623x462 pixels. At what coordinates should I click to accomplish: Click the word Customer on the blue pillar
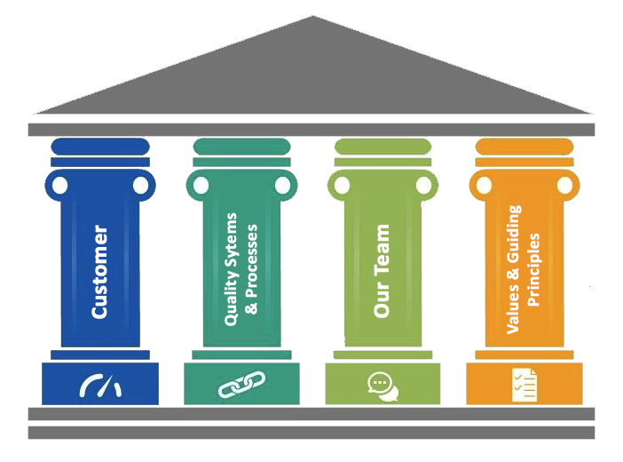point(99,272)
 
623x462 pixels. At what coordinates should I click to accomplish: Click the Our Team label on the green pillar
point(382,271)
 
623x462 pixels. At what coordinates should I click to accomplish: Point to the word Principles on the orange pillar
point(532,269)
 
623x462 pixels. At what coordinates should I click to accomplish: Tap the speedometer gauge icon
point(100,386)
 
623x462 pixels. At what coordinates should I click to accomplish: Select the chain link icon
point(241,385)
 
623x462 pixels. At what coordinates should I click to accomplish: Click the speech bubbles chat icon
point(382,386)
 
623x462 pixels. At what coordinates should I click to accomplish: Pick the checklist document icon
point(524,386)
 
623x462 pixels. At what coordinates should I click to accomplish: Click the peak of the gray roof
point(313,16)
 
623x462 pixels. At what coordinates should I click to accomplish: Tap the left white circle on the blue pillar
point(59,186)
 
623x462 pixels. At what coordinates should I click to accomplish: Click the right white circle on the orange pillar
point(564,186)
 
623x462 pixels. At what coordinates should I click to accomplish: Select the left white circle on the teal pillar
point(201,186)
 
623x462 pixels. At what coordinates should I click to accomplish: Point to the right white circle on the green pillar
point(423,186)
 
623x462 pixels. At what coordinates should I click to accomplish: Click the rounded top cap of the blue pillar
point(100,147)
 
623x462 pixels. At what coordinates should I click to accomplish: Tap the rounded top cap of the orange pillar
point(524,147)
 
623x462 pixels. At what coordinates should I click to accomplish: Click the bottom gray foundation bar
point(311,433)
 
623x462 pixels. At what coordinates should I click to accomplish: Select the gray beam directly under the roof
point(311,130)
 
